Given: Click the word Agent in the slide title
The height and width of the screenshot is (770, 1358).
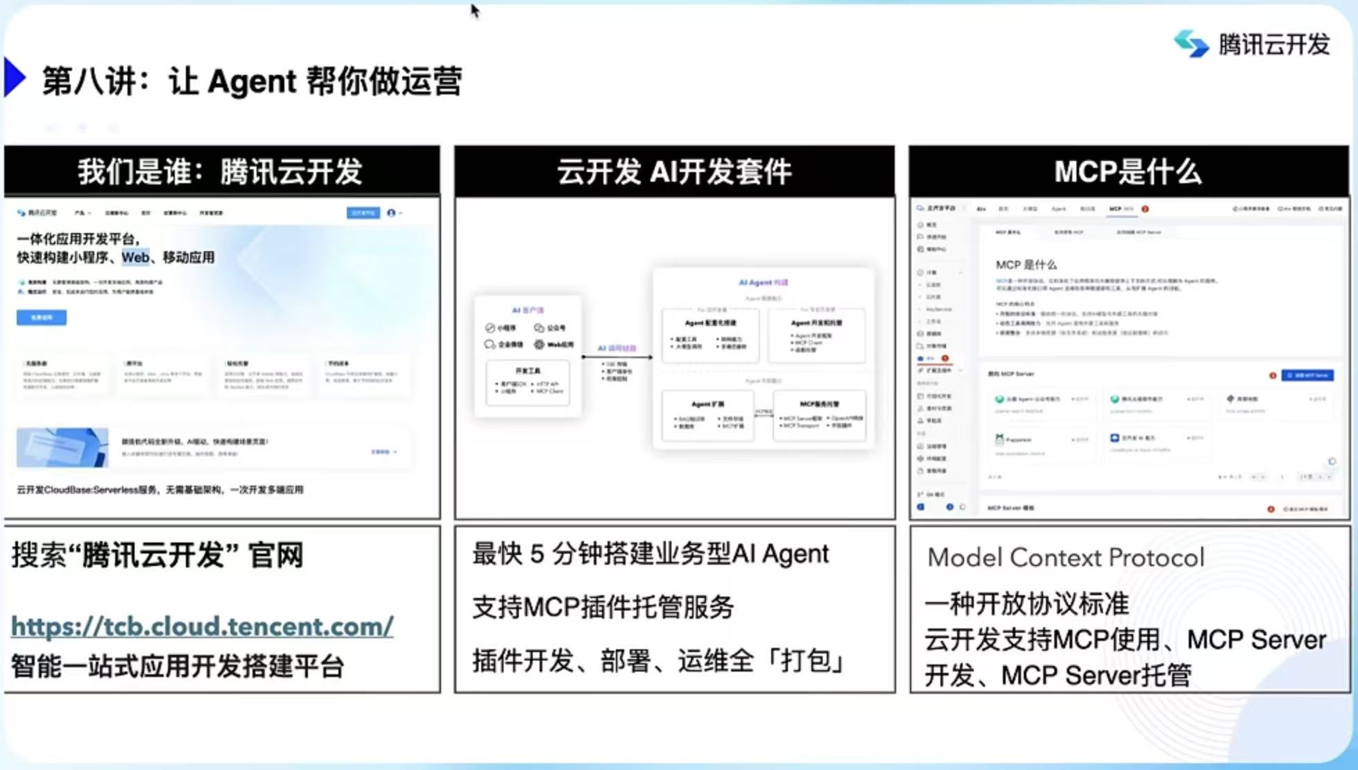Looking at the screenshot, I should pos(252,81).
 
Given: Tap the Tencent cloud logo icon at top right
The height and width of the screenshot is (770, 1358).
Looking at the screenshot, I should pos(1191,44).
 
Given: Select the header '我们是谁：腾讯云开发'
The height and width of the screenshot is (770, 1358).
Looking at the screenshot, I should pos(221,171).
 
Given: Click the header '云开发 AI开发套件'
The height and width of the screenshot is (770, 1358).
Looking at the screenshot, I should pos(674,171).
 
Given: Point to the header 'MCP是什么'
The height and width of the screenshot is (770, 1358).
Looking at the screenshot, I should pos(1128,171).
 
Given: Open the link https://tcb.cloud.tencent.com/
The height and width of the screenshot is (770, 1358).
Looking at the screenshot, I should pos(203,626).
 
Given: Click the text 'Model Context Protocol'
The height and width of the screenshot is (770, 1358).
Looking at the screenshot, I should pos(1066,558).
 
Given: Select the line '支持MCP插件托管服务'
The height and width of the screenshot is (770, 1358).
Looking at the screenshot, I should pos(603,607).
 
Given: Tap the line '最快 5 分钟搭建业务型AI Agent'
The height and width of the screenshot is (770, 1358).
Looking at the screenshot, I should pos(651,554).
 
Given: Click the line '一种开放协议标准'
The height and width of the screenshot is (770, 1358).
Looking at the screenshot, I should pos(1026,604).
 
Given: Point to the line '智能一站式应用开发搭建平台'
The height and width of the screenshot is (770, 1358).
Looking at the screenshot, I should pos(178,666).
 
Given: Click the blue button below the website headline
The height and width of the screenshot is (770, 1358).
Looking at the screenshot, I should pos(42,318).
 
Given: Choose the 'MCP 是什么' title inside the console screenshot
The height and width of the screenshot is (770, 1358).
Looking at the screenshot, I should pos(1026,264).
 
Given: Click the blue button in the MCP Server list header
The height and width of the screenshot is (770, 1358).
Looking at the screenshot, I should pos(1307,375).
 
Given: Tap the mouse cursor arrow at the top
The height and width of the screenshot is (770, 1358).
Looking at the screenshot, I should pos(474,10).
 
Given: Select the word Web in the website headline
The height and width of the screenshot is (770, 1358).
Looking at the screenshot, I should pos(135,257).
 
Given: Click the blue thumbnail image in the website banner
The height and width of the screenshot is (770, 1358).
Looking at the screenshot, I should pos(62,447).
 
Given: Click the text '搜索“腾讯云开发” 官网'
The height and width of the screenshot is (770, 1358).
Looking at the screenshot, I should pos(157,555).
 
